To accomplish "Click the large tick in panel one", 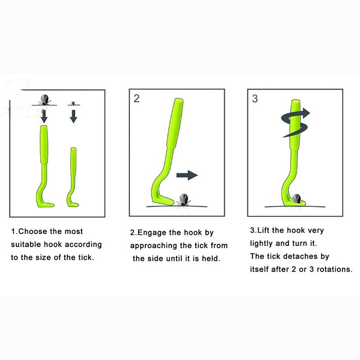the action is tap(44, 100).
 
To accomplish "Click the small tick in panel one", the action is tap(73, 103).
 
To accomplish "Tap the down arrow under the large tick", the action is tap(44, 117).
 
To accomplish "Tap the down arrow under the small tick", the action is tap(73, 117).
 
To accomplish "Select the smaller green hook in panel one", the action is tap(73, 177).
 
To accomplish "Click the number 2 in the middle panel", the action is tap(137, 99).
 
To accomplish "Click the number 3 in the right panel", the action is tap(255, 99).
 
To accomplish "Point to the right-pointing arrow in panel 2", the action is tap(187, 175).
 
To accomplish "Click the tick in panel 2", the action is tap(184, 200).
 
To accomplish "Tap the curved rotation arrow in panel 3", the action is tap(295, 122).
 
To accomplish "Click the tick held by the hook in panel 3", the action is tap(297, 199).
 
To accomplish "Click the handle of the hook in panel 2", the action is tap(175, 123).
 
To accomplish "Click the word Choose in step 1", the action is tap(33, 231).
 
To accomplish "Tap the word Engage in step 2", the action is tap(152, 233).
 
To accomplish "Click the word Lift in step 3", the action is tap(263, 230).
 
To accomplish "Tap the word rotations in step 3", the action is tap(334, 269).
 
